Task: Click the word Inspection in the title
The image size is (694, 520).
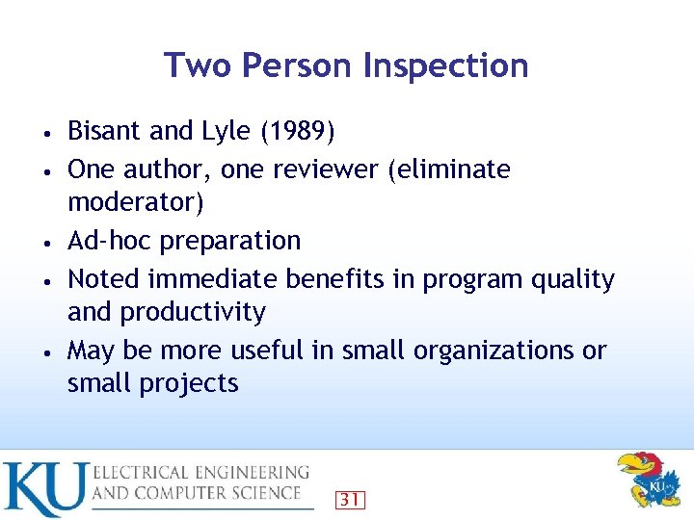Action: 445,65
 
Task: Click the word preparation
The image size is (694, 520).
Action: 230,241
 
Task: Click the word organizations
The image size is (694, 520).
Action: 495,351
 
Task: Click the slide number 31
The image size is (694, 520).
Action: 350,499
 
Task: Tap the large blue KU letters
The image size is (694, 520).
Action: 44,489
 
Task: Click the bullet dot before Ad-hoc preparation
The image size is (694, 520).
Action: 47,242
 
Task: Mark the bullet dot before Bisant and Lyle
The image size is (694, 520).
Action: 47,132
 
